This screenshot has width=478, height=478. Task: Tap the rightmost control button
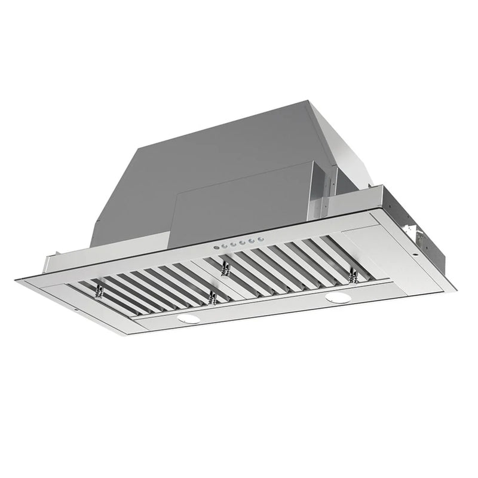tap(261, 238)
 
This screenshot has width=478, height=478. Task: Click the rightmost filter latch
tap(354, 274)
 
